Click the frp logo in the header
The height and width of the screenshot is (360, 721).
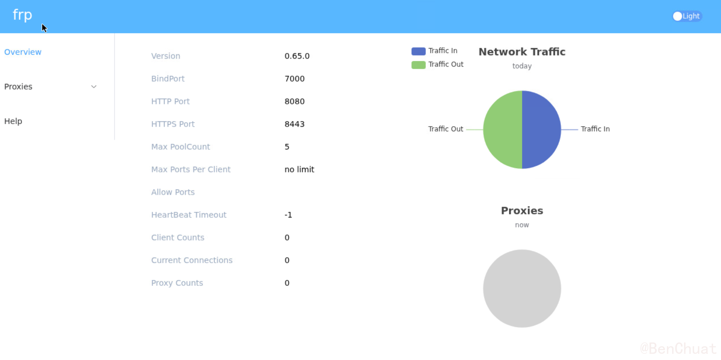coord(22,15)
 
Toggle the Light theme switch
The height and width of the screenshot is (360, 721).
coord(687,16)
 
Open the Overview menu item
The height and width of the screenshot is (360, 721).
coord(23,52)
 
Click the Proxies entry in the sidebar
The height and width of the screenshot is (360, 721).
coord(18,87)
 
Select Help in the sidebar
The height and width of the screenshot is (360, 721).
coord(13,121)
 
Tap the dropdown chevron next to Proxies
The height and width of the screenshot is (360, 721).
coord(94,87)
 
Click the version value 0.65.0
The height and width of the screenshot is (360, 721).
coord(297,56)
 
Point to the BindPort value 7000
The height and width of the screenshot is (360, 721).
coord(294,79)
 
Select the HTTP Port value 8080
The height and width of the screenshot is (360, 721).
coord(294,101)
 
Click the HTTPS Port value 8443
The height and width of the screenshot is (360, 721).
coord(294,124)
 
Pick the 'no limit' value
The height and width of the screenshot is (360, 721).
coord(299,170)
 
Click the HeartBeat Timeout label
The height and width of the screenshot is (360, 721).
coord(189,215)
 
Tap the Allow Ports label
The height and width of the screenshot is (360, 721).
coord(173,192)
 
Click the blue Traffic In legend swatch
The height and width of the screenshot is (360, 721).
coord(418,51)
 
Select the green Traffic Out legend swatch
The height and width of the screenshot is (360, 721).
coord(418,65)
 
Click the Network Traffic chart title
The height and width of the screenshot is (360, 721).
coord(522,52)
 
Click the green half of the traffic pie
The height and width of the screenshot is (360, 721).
coord(503,130)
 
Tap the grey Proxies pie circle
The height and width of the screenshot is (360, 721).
coord(522,288)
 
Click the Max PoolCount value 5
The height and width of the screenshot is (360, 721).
coord(287,147)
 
